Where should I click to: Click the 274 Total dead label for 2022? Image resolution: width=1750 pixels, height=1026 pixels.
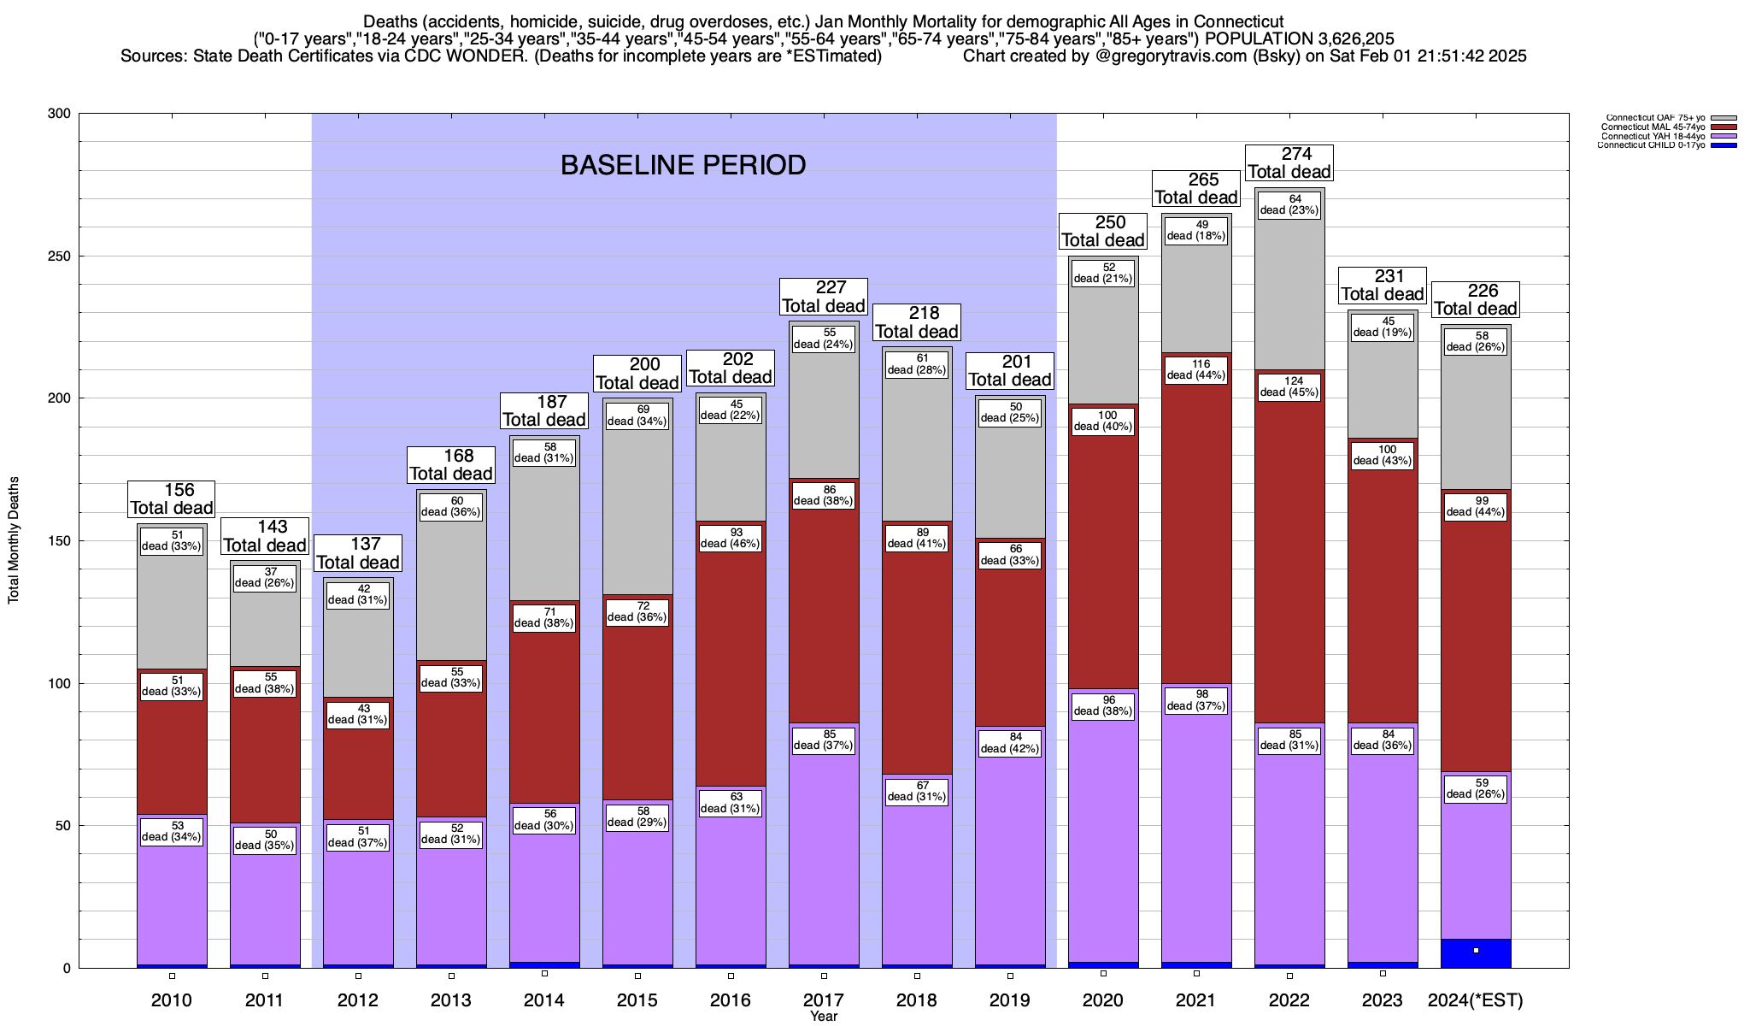click(x=1289, y=162)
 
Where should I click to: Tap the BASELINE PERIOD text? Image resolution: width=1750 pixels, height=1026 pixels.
click(x=683, y=165)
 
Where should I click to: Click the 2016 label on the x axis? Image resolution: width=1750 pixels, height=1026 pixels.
click(x=731, y=999)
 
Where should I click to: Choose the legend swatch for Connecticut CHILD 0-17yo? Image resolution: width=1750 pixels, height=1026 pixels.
click(x=1724, y=145)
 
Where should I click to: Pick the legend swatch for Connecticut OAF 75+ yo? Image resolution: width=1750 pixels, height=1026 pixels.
click(x=1724, y=118)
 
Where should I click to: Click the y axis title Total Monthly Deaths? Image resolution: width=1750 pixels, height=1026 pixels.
click(x=14, y=540)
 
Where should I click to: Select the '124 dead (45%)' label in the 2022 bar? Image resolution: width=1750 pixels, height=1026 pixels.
click(x=1289, y=386)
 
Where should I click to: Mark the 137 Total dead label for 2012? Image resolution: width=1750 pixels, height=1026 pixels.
click(x=358, y=553)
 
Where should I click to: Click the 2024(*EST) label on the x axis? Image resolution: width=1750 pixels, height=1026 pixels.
click(x=1476, y=999)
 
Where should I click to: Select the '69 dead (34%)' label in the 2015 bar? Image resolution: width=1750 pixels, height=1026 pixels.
click(x=637, y=416)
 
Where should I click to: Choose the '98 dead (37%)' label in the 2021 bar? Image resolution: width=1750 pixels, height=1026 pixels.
click(x=1196, y=700)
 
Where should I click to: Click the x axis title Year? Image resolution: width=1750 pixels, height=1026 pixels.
click(x=824, y=1017)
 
